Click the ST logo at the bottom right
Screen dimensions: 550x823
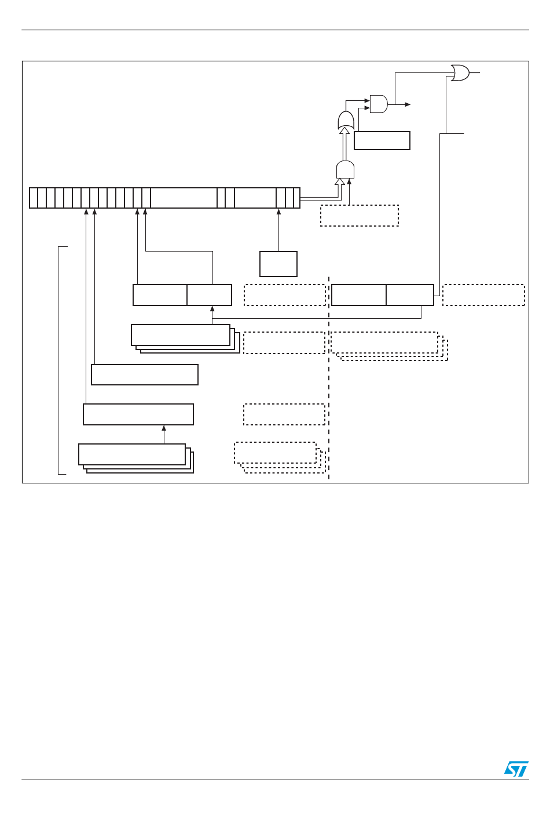point(516,769)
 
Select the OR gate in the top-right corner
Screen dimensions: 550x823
point(460,73)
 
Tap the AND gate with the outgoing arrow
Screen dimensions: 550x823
point(379,104)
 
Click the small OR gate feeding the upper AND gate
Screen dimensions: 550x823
point(346,121)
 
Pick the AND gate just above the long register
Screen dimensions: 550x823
point(345,170)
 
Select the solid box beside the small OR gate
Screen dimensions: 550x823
point(382,141)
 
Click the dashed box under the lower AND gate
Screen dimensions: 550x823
point(360,216)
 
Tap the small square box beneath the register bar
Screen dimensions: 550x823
point(278,264)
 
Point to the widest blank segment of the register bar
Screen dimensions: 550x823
point(184,198)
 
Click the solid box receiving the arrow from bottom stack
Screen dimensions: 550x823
point(138,414)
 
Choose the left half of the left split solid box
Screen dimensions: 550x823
point(160,295)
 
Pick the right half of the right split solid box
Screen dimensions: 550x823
point(410,295)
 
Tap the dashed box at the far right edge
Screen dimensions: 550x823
point(483,295)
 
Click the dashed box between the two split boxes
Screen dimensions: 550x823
point(285,295)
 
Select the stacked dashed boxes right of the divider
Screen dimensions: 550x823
point(385,343)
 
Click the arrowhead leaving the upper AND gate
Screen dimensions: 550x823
point(408,104)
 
